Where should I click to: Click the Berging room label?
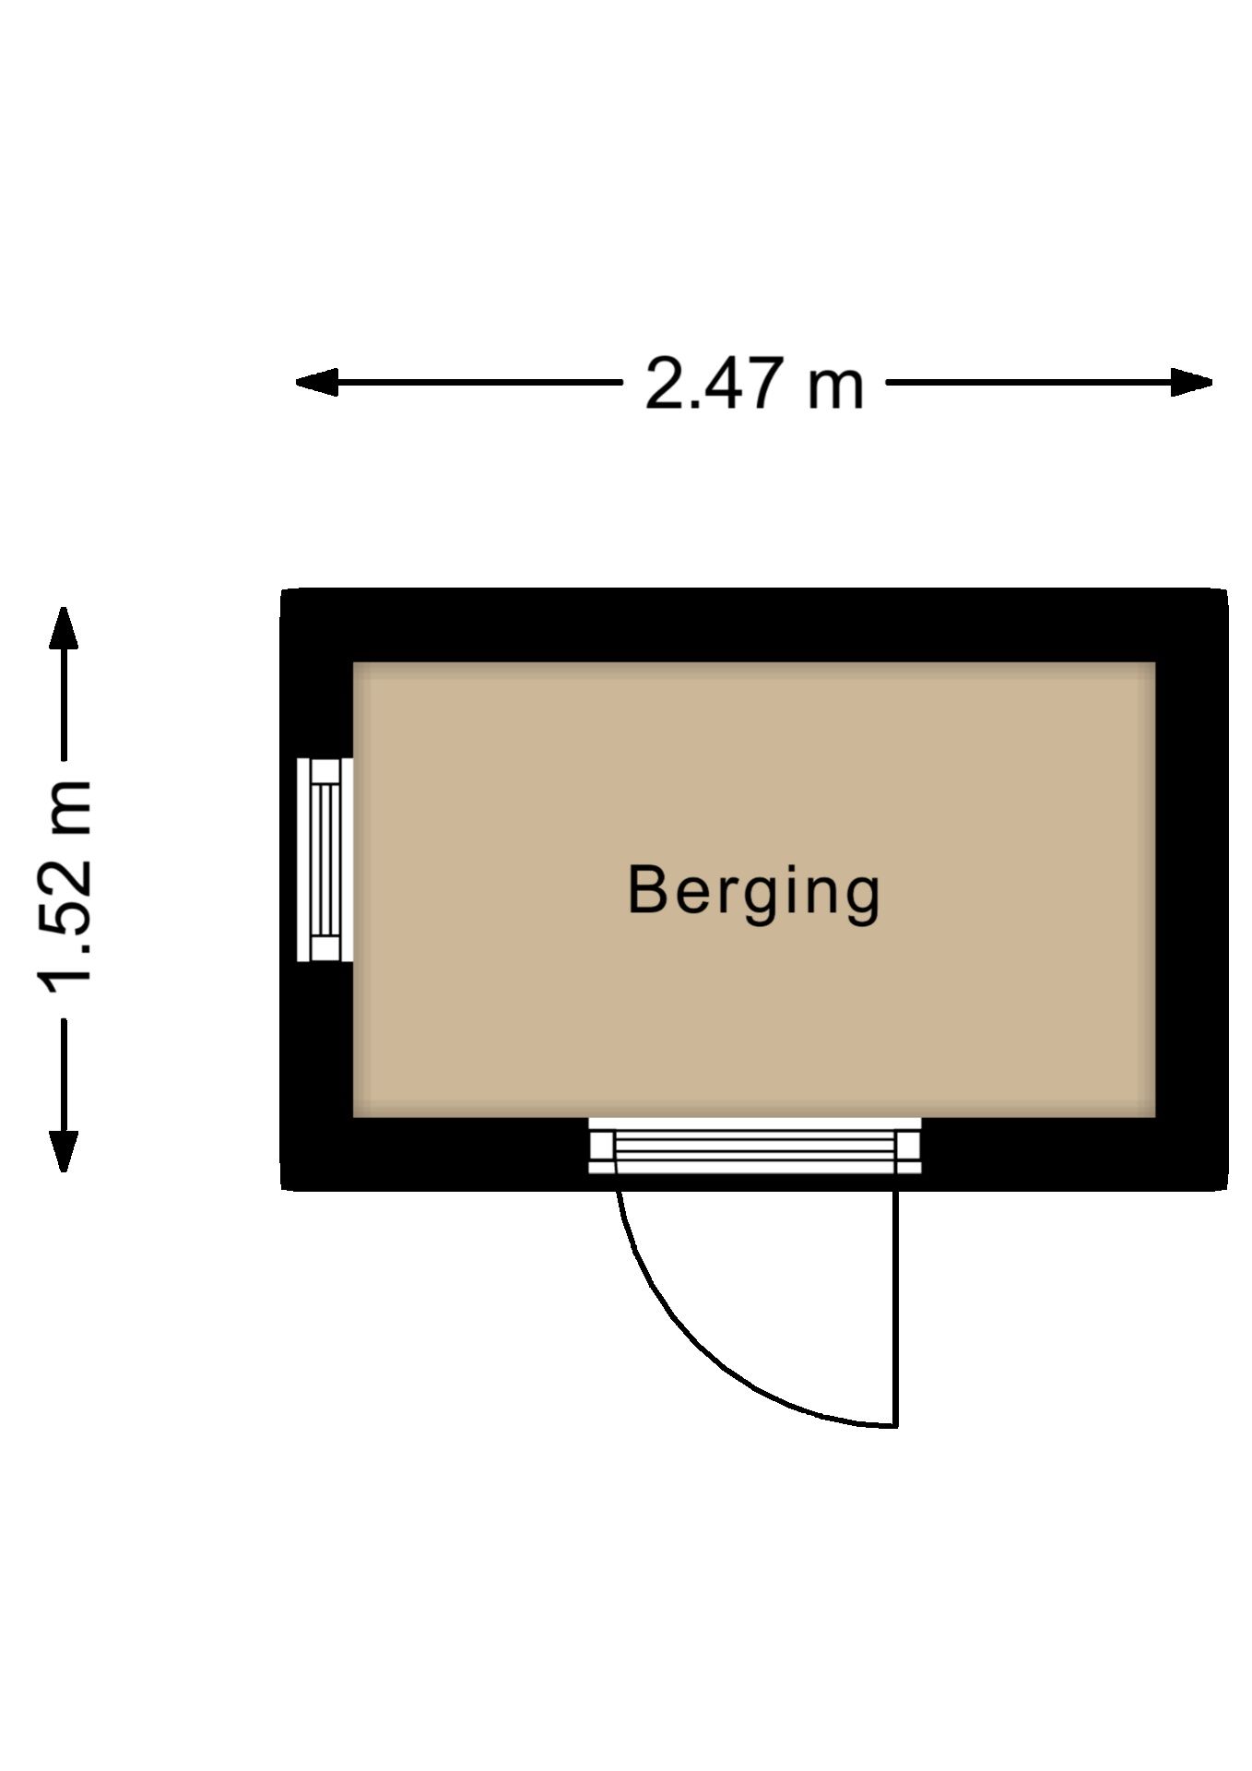tap(753, 892)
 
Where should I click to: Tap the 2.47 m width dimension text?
tap(754, 383)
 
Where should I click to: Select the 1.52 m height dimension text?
tap(65, 891)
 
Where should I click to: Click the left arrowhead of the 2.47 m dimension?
tap(316, 382)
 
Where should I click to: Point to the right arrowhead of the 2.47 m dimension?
tap(1191, 382)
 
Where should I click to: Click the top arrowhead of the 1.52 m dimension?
tap(64, 627)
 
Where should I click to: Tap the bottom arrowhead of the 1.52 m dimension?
tap(64, 1151)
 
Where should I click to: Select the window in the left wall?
tap(325, 860)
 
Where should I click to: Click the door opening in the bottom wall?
tap(754, 1146)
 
